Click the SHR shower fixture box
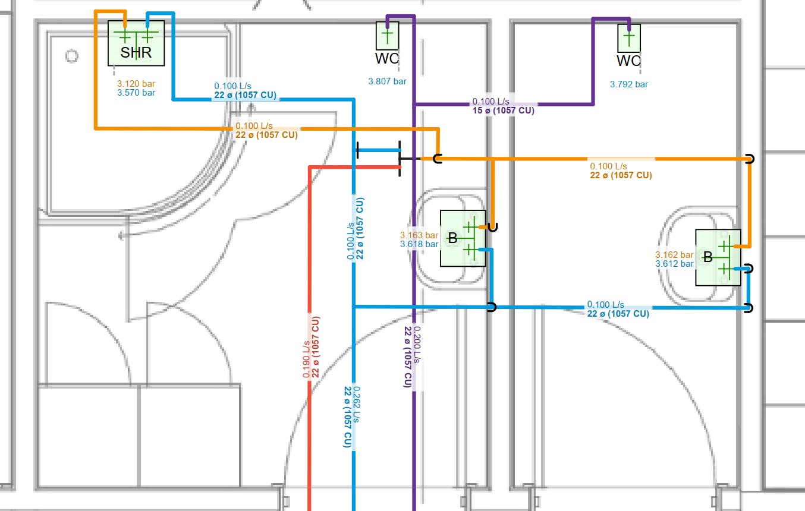click(x=136, y=43)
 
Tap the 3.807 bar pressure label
click(x=387, y=81)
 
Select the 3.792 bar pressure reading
click(x=629, y=84)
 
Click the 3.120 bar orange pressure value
click(x=136, y=84)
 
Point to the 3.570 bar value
click(x=136, y=93)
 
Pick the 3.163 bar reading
click(x=419, y=235)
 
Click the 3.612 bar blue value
click(x=674, y=264)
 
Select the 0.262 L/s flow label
click(x=357, y=405)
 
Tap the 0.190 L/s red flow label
click(x=306, y=359)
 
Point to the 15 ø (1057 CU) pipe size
click(x=503, y=111)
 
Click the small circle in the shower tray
click(x=71, y=56)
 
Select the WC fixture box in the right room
click(x=629, y=38)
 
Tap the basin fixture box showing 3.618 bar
click(x=463, y=238)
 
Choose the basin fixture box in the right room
click(x=718, y=257)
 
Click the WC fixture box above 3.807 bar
click(x=387, y=36)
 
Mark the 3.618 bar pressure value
click(x=419, y=244)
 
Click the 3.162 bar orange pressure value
click(x=674, y=255)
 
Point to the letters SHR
click(x=136, y=53)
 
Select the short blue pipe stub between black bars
click(x=378, y=150)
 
